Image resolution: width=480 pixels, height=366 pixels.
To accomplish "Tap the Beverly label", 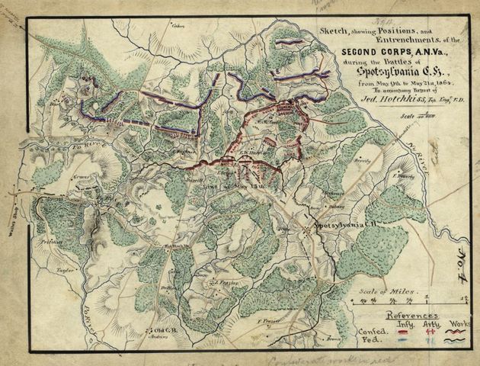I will (363, 161).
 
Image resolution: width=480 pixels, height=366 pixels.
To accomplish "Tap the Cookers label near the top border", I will (179, 26).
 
